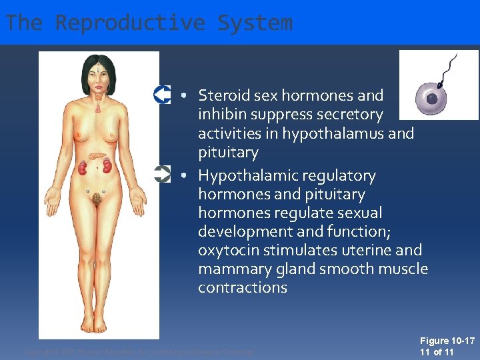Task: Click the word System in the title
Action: point(255,23)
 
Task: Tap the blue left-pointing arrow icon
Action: point(162,95)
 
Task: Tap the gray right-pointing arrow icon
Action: point(162,175)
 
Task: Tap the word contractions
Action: point(243,288)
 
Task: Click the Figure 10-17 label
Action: point(447,341)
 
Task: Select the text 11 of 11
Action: point(437,352)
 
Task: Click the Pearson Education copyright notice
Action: point(139,351)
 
